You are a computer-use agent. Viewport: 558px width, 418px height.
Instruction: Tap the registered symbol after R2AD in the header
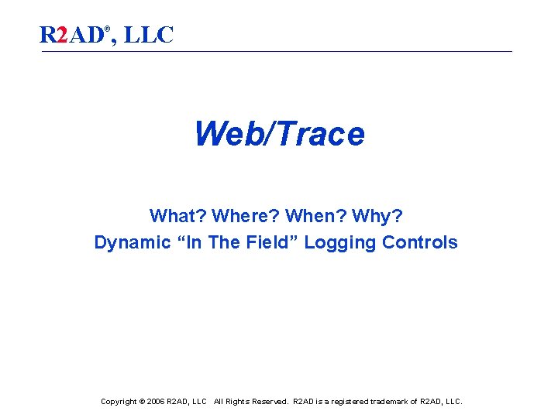click(x=108, y=29)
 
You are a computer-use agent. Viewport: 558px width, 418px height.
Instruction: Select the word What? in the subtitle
click(x=177, y=215)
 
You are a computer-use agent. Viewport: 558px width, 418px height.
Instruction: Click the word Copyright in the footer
click(x=119, y=402)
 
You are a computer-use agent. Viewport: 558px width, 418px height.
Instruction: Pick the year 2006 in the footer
click(x=156, y=402)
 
